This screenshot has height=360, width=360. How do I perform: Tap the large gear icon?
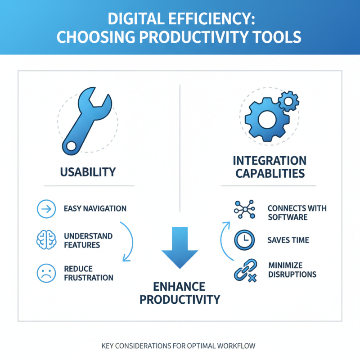tap(264, 118)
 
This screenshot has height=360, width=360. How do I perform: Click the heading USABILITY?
tap(88, 172)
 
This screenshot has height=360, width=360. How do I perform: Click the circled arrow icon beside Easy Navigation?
tap(45, 209)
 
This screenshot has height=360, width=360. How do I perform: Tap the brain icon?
tap(45, 240)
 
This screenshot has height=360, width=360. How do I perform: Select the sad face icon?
tap(45, 273)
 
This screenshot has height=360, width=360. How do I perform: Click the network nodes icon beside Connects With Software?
tap(244, 209)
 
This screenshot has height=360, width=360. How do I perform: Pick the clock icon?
tap(244, 241)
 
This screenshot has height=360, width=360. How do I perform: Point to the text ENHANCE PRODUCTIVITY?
tap(180, 293)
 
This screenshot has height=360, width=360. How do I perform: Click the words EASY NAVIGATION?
tap(95, 209)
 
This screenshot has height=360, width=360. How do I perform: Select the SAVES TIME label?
tap(288, 240)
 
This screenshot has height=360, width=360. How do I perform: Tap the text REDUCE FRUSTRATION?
tap(89, 273)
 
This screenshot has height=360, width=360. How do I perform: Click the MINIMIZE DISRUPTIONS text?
tap(292, 269)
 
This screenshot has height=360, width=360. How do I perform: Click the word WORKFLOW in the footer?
tap(239, 346)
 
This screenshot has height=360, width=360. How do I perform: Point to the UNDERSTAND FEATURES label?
tap(88, 240)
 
